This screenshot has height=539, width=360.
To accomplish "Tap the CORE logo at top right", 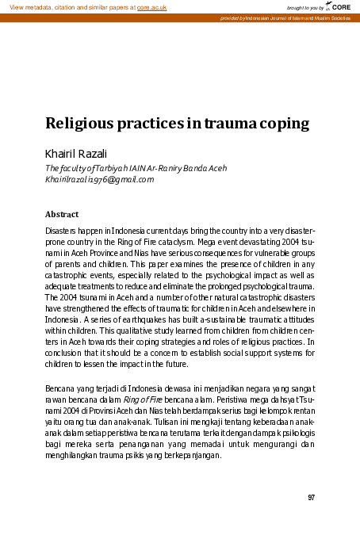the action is click(339, 7).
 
